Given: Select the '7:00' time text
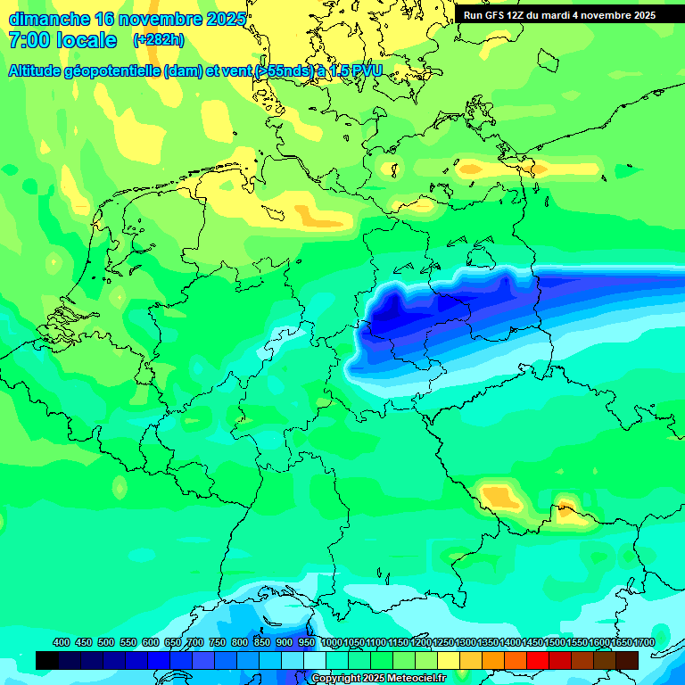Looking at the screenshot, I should pos(29,40).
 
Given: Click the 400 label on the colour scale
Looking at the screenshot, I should pos(62,643).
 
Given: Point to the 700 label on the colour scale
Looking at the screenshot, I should pos(195,643).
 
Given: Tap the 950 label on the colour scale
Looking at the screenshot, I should pos(307,643).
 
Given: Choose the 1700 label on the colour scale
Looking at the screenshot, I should pos(644,643).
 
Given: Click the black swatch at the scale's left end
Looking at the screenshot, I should pos(47,660).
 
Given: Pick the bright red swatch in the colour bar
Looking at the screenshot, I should pos(538,660).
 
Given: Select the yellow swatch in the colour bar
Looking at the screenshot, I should pos(449,660).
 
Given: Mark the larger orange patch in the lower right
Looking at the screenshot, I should pos(499,495).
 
